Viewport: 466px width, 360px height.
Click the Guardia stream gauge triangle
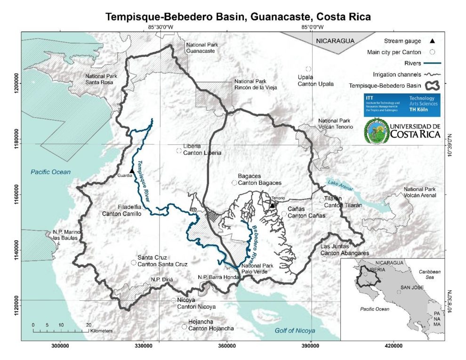coord(132,170)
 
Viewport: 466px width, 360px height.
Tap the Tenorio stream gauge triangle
coord(272,205)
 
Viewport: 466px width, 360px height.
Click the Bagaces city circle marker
coord(234,183)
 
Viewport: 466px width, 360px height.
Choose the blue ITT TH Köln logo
coord(402,104)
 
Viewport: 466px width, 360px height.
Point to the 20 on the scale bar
coord(88,325)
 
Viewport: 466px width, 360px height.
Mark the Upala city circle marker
coord(309,69)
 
